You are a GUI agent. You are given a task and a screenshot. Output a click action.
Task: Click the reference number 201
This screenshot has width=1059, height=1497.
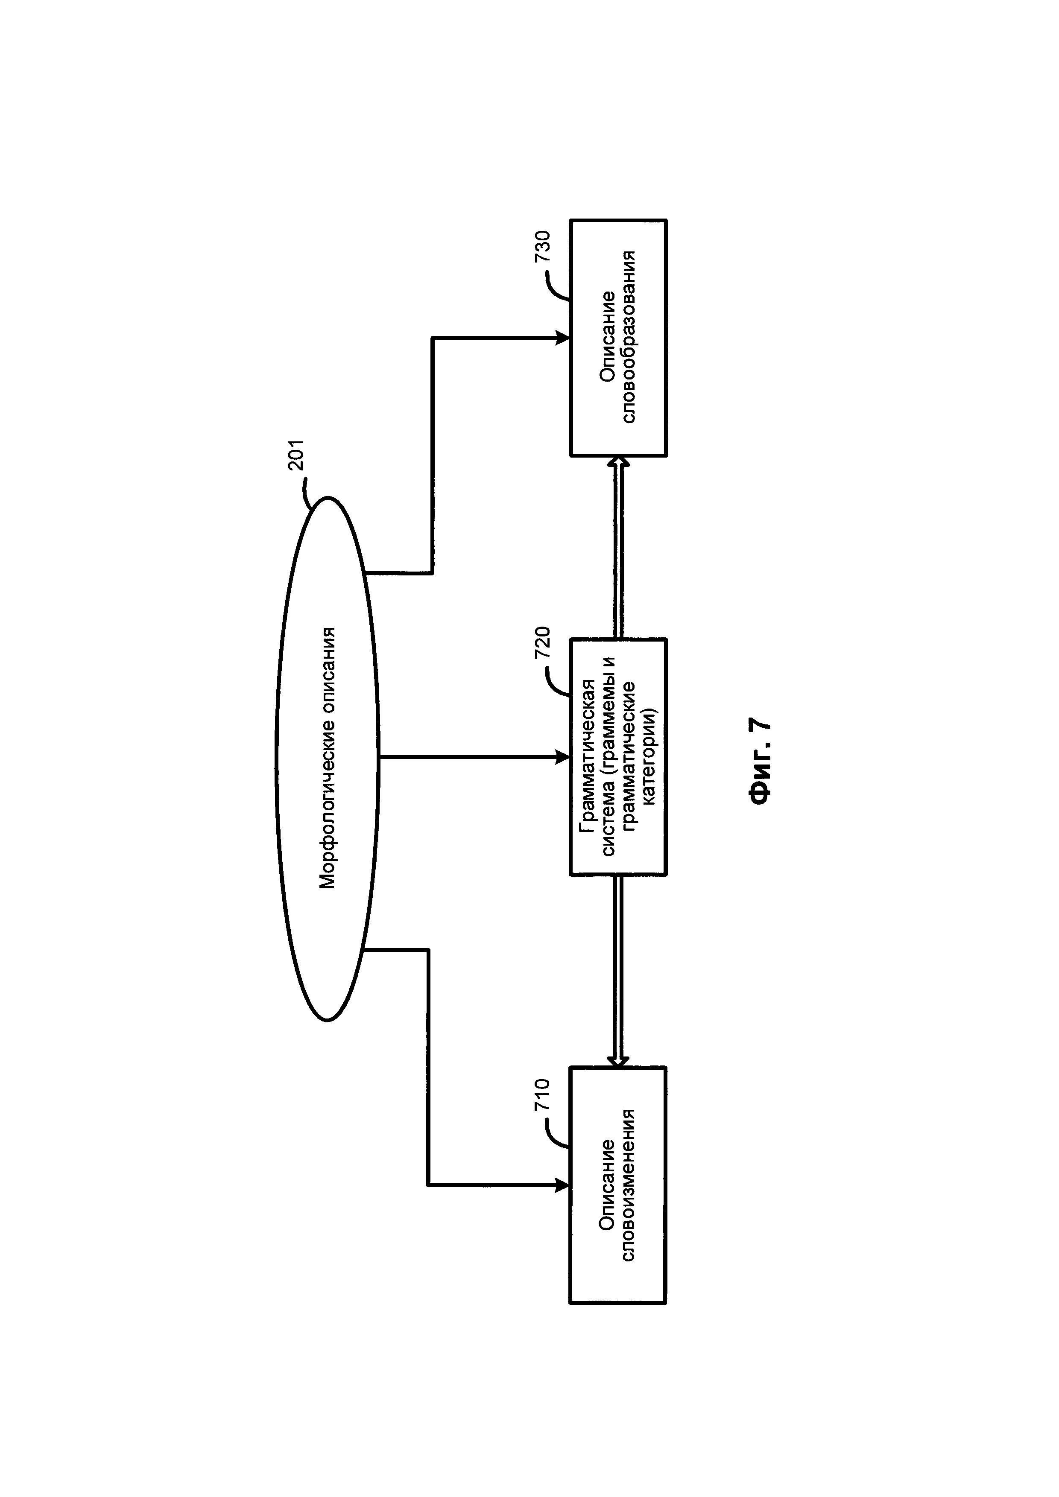click(x=297, y=456)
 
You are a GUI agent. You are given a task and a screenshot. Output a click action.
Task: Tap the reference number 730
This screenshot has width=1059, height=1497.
click(x=543, y=246)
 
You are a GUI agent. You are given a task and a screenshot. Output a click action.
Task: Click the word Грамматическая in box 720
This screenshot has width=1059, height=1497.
click(x=588, y=756)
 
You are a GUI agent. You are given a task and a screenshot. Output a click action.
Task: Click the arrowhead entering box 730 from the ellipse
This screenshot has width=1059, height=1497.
click(x=562, y=338)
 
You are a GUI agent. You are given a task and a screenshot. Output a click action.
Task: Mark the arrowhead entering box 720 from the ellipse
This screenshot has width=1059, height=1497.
click(x=562, y=757)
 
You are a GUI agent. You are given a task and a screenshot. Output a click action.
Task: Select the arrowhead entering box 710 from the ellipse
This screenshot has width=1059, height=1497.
click(x=562, y=1185)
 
